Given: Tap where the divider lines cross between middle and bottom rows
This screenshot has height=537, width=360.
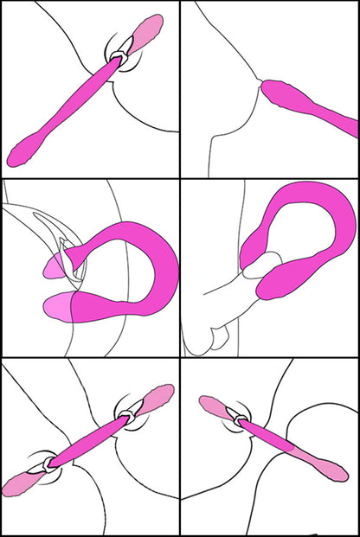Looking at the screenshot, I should click(x=180, y=357).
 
